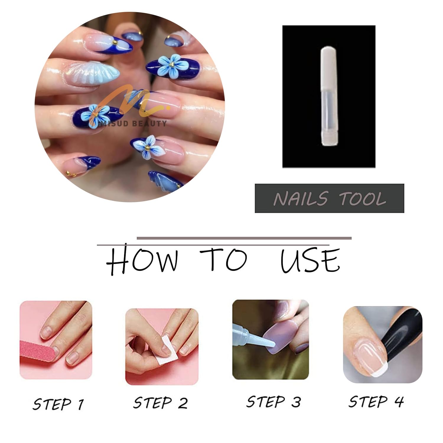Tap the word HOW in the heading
(x=142, y=260)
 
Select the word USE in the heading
(x=310, y=260)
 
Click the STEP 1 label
(x=58, y=404)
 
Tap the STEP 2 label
(x=160, y=403)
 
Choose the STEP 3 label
(x=273, y=402)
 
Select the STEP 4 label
(x=376, y=401)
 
